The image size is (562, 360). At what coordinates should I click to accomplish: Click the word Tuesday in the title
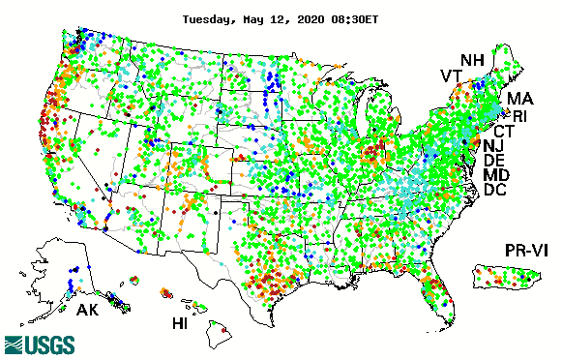pyautogui.click(x=209, y=18)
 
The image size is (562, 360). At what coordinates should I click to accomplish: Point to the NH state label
pyautogui.click(x=472, y=60)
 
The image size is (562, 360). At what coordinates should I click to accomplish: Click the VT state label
pyautogui.click(x=451, y=76)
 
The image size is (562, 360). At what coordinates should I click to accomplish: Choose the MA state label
pyautogui.click(x=520, y=99)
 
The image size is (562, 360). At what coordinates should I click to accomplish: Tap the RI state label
pyautogui.click(x=520, y=116)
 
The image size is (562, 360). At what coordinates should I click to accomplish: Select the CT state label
pyautogui.click(x=504, y=131)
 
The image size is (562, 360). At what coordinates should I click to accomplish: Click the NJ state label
pyautogui.click(x=494, y=146)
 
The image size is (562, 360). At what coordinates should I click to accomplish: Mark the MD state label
pyautogui.click(x=496, y=175)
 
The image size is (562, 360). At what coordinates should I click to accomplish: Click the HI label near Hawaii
pyautogui.click(x=181, y=322)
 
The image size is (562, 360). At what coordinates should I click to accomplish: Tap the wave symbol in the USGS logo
pyautogui.click(x=15, y=345)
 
